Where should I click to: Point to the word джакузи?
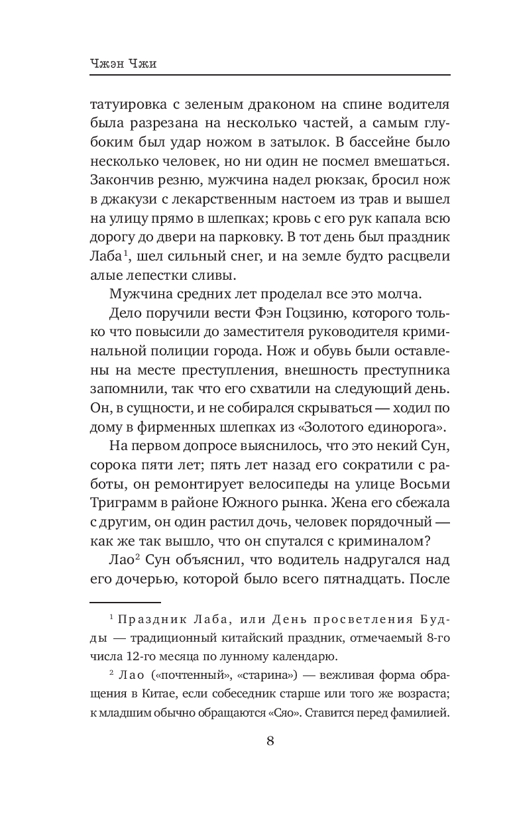129,199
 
